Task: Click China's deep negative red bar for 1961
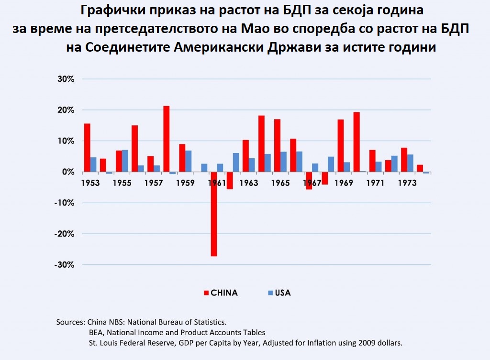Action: point(213,214)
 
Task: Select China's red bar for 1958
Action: point(167,139)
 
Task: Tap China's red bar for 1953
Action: point(87,147)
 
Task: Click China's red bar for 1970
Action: point(356,142)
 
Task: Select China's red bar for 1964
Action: point(261,143)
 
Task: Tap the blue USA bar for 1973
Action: point(410,163)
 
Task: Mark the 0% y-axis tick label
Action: point(67,172)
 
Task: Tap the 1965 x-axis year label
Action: point(280,184)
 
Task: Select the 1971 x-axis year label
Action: point(375,184)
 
